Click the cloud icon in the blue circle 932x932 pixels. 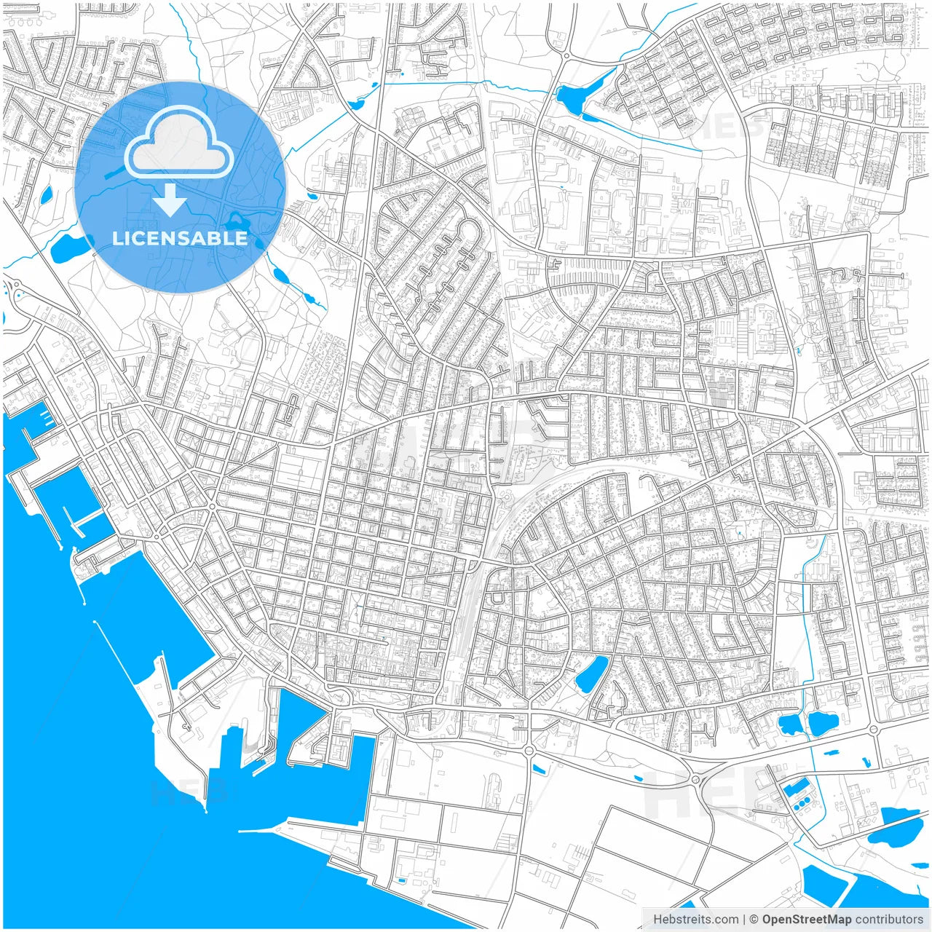[179, 142]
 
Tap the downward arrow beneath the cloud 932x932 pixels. [170, 200]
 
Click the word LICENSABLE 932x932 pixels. [180, 238]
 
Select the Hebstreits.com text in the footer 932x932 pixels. [695, 920]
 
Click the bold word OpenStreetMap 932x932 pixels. [806, 920]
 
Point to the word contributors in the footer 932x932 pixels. [889, 920]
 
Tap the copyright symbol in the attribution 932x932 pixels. [754, 920]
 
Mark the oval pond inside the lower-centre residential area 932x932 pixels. [592, 673]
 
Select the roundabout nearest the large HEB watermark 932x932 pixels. [695, 781]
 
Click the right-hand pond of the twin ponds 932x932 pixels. [823, 722]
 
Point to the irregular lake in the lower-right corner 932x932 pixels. [896, 826]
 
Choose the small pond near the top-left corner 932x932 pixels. [47, 194]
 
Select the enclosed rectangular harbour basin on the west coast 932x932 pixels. [66, 502]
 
